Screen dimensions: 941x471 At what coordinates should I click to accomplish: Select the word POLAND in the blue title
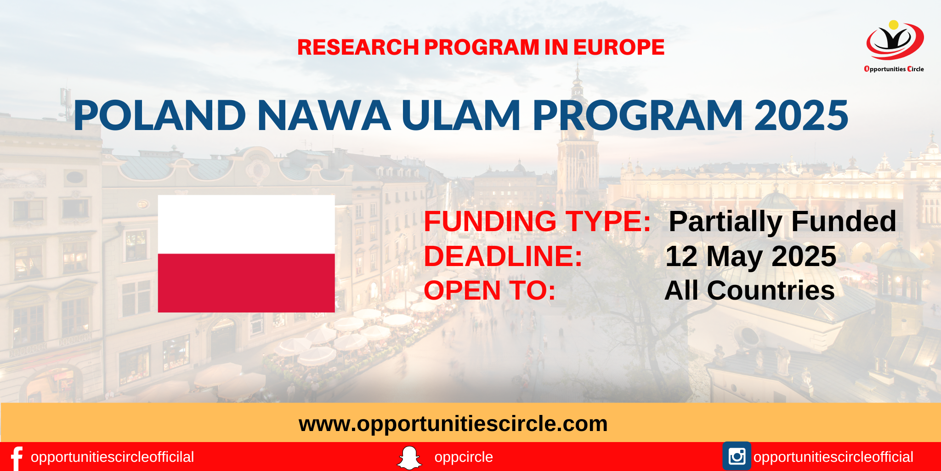tap(160, 115)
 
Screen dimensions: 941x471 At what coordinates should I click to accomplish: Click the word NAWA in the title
tap(324, 115)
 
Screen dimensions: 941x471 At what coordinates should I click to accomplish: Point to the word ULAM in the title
tap(461, 115)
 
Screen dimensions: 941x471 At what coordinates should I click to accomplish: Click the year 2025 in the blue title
tap(801, 115)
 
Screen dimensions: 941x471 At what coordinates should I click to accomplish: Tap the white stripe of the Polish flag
tap(246, 224)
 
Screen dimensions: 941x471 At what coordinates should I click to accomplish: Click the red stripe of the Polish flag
tap(246, 283)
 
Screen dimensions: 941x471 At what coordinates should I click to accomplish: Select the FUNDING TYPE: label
tap(537, 221)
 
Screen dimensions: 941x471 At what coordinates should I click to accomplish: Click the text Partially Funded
tap(782, 222)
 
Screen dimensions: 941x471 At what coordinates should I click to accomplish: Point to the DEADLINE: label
tap(503, 256)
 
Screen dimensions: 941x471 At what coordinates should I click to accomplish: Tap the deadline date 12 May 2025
tap(751, 256)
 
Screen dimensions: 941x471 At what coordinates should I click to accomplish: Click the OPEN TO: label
tap(490, 290)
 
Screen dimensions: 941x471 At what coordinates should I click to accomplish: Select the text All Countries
tap(749, 290)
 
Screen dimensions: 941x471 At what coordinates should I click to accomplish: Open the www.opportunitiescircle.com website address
tap(453, 424)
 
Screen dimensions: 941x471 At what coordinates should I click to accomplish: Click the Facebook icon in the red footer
tap(17, 458)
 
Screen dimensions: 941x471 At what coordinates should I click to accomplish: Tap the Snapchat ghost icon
tap(409, 458)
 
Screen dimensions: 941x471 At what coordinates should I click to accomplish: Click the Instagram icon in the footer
tap(737, 456)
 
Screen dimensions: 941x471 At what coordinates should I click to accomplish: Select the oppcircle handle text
tap(464, 457)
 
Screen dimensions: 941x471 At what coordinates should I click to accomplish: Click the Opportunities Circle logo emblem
tap(895, 40)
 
